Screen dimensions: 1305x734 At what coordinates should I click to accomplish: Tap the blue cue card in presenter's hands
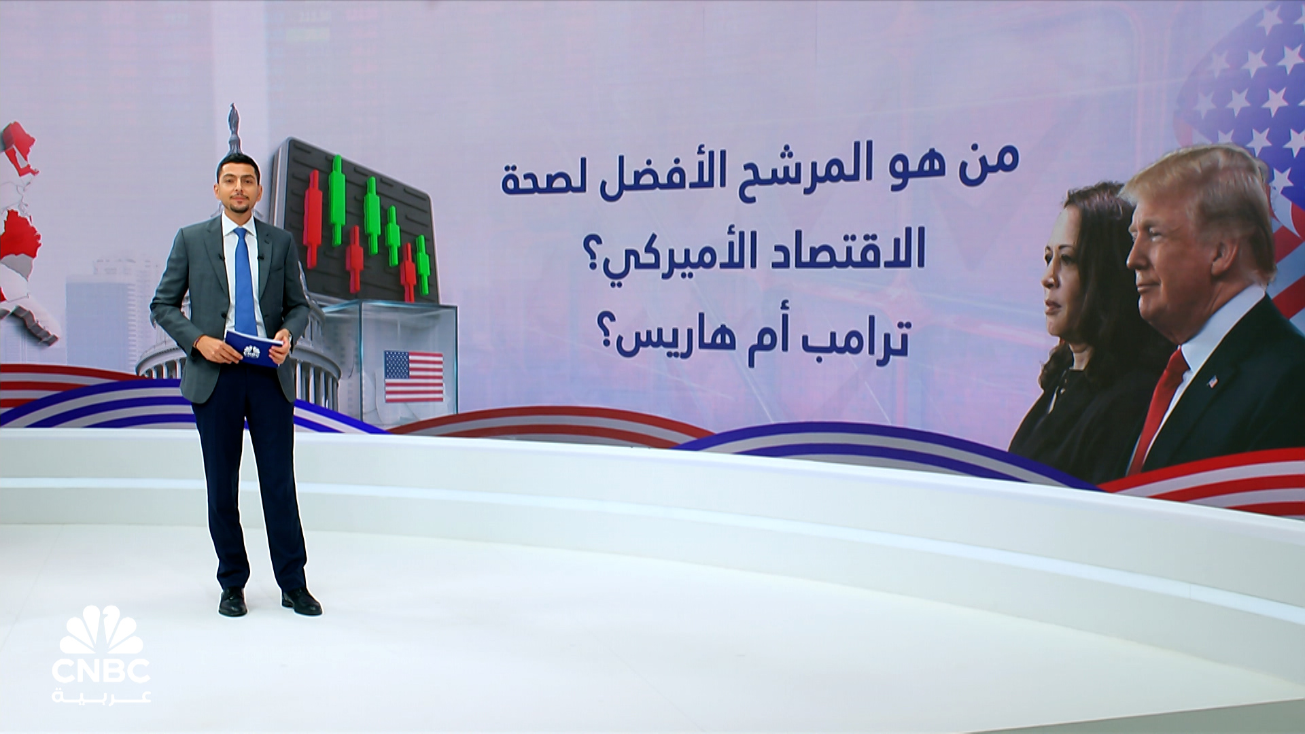(x=253, y=348)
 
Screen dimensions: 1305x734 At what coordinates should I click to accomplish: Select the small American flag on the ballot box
(x=414, y=376)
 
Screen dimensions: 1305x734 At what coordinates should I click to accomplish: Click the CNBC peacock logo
(x=101, y=630)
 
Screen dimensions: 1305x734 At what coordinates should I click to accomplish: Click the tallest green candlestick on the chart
(x=337, y=200)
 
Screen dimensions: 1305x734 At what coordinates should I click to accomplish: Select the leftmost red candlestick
(x=313, y=218)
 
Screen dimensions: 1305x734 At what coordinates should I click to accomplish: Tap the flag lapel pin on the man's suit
(x=1213, y=381)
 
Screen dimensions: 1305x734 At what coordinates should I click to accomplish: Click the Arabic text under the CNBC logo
(x=101, y=695)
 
